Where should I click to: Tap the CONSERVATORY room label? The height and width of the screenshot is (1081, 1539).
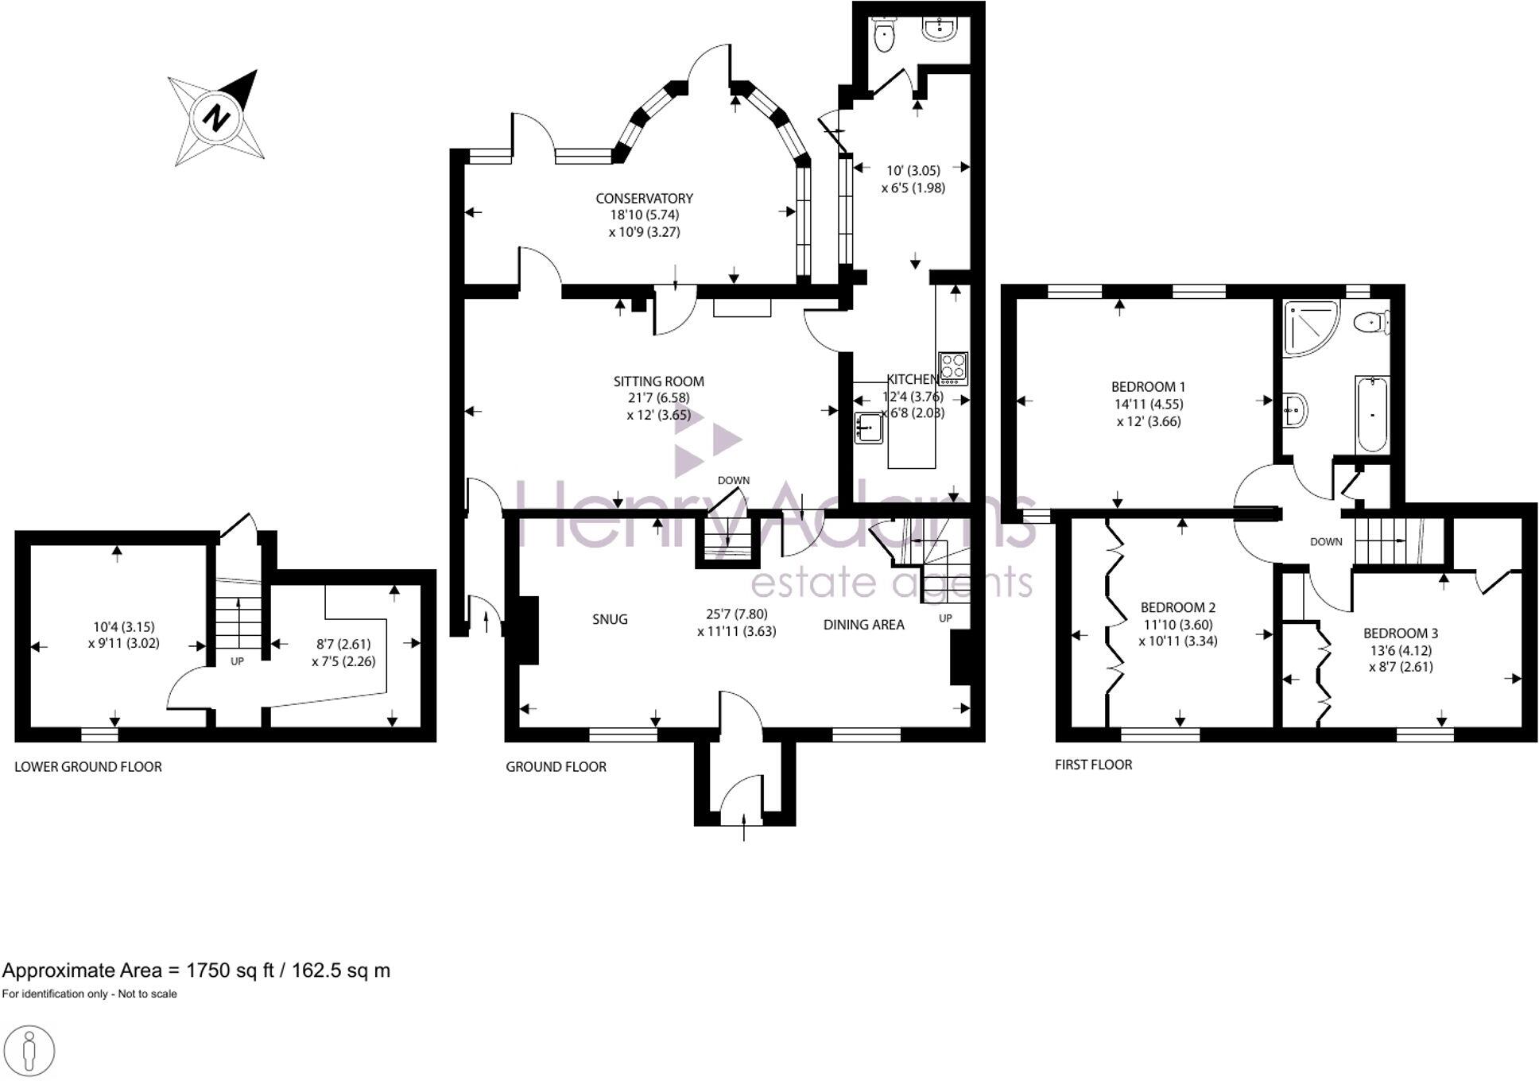point(644,198)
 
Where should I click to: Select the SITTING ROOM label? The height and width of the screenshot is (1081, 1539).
point(658,381)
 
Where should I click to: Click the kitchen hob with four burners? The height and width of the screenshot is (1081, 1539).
point(952,368)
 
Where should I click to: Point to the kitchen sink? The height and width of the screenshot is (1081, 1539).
point(869,428)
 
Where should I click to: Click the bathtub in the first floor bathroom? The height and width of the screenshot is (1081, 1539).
point(1371,413)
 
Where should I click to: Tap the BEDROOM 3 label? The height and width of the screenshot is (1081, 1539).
point(1400,633)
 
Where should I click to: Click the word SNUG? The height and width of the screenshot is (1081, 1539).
point(610,619)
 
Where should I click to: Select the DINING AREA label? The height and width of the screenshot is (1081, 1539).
point(863,625)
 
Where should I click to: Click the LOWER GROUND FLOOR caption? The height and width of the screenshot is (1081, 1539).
point(88,767)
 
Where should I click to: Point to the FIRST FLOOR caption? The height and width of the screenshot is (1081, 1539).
point(1093,765)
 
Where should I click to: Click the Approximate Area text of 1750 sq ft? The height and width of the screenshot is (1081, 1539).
point(196,971)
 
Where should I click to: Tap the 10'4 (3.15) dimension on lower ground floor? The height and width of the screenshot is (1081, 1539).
point(124,626)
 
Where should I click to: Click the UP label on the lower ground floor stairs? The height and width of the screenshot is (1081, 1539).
point(237,661)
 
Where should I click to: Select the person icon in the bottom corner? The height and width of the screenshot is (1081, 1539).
point(29,1051)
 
